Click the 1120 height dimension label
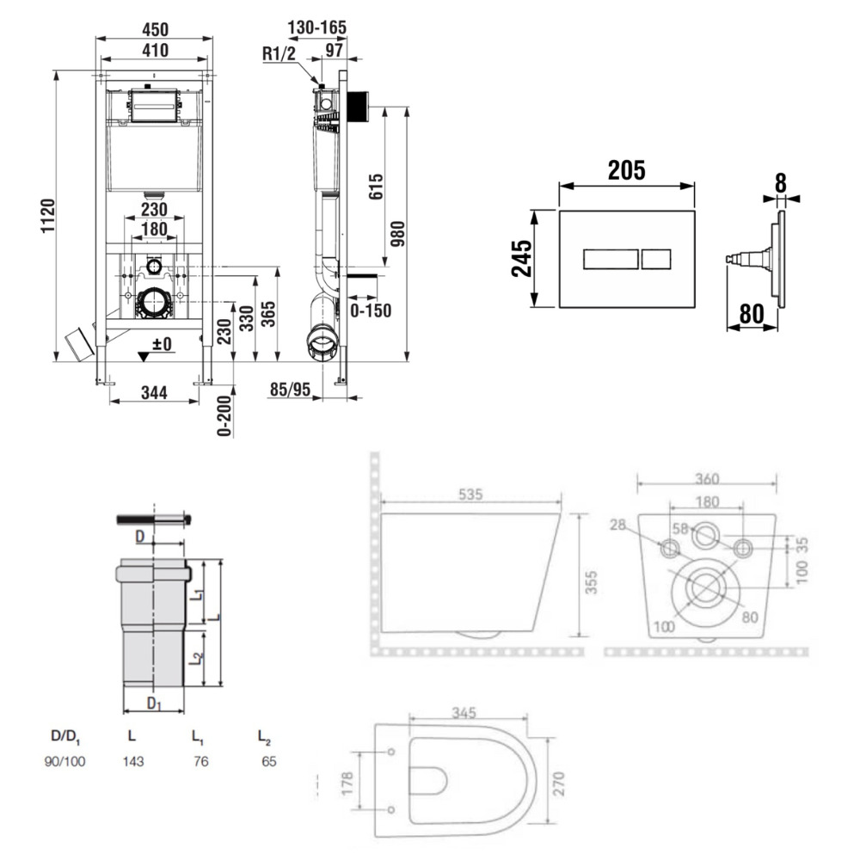click(46, 218)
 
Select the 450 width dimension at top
click(155, 28)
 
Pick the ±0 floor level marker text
click(162, 344)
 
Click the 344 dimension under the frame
click(154, 394)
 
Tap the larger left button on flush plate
click(611, 258)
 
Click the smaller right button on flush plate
click(657, 258)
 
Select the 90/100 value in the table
click(65, 761)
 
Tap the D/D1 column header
click(65, 737)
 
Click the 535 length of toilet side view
click(470, 494)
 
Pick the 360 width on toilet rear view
click(706, 478)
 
